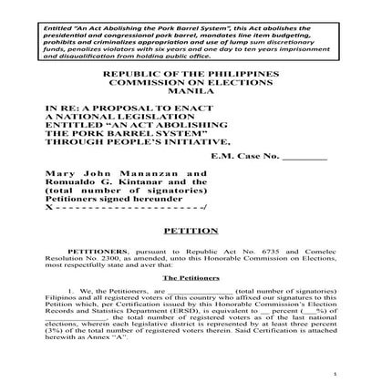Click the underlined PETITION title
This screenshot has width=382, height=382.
tap(191, 232)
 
